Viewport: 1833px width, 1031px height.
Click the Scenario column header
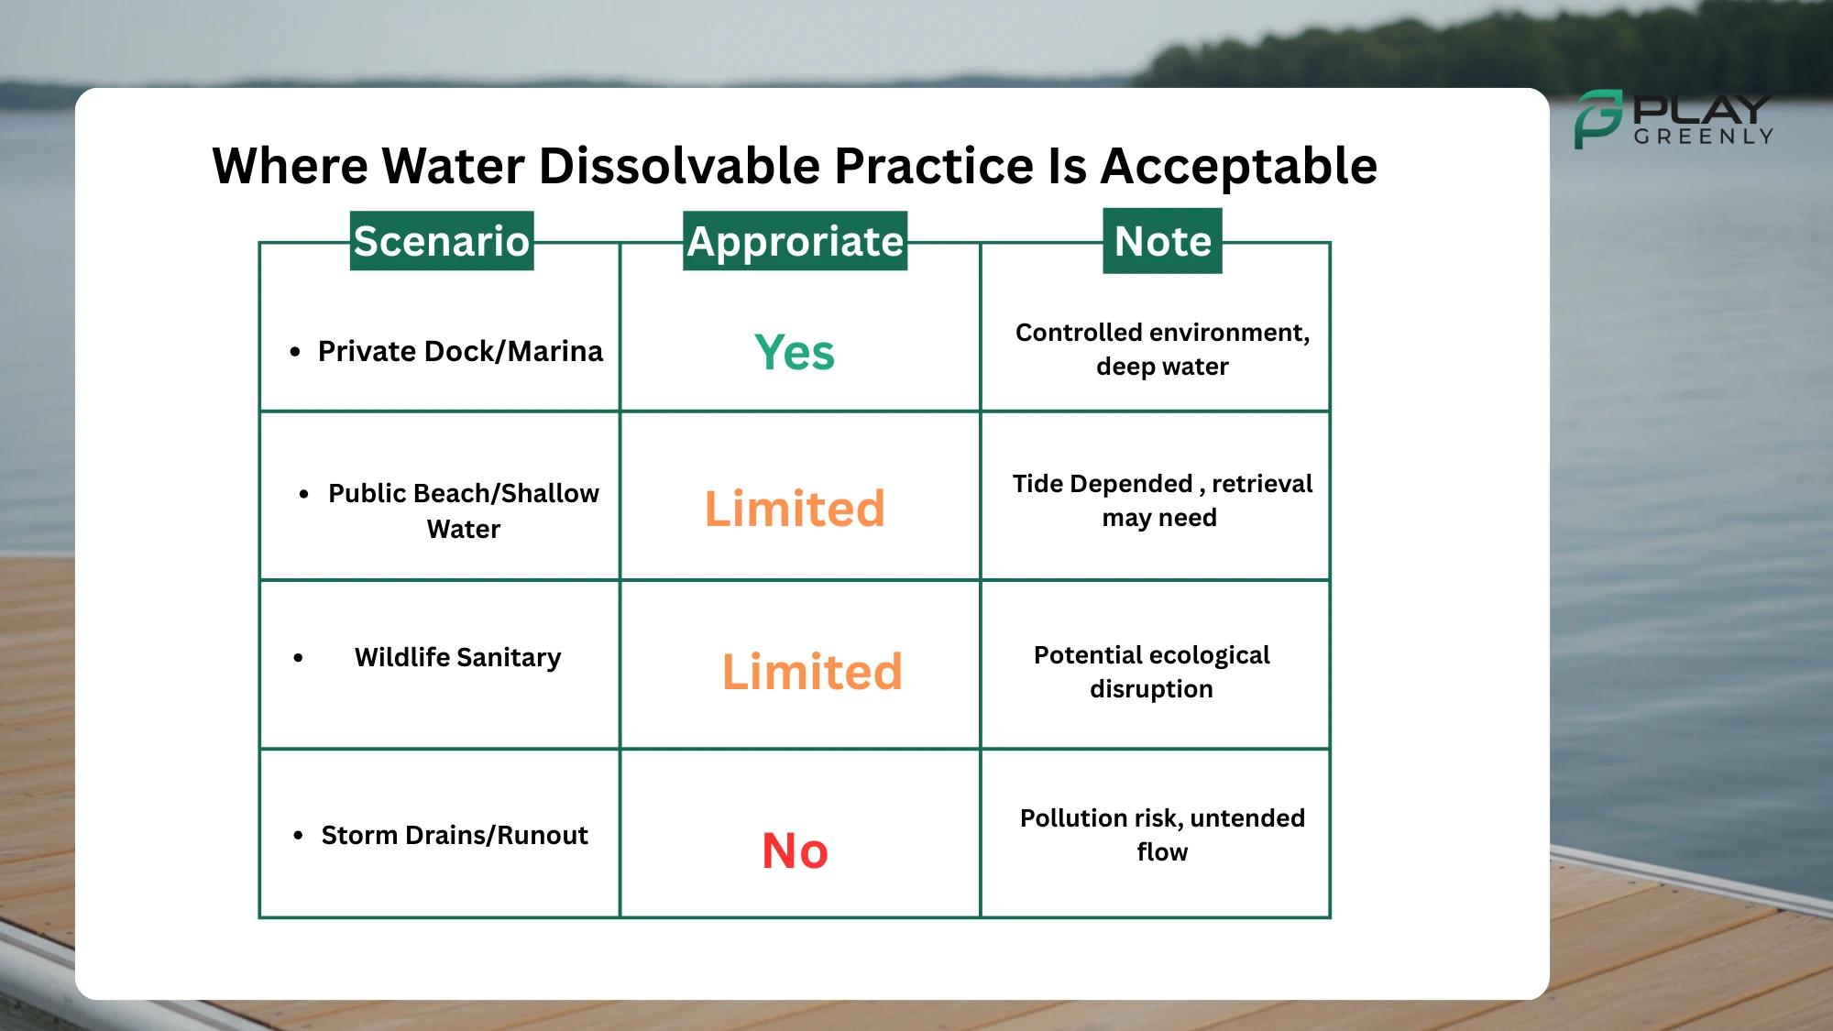442,241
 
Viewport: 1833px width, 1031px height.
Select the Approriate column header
795,241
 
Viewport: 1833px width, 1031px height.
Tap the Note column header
1162,241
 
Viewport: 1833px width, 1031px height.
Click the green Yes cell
795,352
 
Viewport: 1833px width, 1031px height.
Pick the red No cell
795,850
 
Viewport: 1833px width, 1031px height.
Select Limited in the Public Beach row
795,509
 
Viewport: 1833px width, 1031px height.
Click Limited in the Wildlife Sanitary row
812,672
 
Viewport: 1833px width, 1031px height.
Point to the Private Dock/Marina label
460,351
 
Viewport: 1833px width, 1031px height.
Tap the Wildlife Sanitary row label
457,657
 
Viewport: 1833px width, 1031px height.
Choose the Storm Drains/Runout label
455,835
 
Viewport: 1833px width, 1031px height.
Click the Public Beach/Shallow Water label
464,510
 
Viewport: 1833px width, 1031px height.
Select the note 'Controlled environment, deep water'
1162,349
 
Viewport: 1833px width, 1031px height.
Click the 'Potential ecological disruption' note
1152,672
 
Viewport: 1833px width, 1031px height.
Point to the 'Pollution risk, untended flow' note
1162,835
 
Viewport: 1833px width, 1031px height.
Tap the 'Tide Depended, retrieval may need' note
1162,500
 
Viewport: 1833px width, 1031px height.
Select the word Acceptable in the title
1238,166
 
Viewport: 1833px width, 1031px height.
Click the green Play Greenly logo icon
1598,119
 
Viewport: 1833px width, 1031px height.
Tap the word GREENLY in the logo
1703,137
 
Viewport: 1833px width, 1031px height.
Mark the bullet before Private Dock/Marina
295,352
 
